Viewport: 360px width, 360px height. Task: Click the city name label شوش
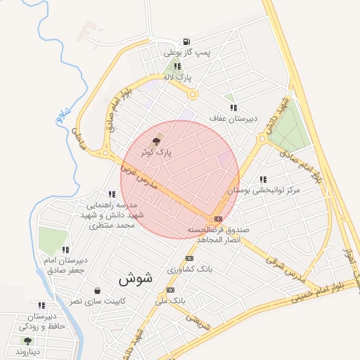[136, 278]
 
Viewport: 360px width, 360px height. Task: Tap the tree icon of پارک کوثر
[156, 141]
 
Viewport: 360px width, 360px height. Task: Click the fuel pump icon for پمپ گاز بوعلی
[186, 41]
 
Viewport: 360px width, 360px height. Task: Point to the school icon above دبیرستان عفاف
[233, 108]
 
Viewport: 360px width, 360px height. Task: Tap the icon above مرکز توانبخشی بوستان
[264, 180]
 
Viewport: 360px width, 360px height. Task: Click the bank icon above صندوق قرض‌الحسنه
[219, 219]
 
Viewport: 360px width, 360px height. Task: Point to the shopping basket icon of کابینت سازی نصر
[97, 290]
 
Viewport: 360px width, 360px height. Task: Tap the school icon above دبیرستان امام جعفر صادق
[65, 249]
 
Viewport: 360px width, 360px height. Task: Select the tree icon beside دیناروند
[27, 341]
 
